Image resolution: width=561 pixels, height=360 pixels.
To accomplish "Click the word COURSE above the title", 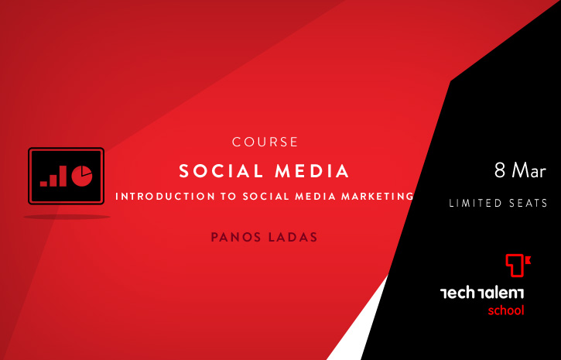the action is pos(265,142).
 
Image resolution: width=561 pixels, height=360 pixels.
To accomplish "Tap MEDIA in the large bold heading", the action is pos(312,171).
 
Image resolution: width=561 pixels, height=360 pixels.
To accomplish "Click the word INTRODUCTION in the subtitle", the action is pos(166,197).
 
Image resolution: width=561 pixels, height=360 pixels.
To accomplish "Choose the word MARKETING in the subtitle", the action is pos(378,197).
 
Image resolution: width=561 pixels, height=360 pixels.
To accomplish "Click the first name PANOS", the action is pos(235,237).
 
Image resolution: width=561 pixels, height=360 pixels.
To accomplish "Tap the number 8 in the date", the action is pos(500,170).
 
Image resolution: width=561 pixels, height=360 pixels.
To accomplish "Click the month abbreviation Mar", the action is pos(529,170).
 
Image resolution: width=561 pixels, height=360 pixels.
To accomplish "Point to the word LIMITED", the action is pos(471,204).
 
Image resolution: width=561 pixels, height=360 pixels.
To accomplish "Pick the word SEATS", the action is pos(524,204).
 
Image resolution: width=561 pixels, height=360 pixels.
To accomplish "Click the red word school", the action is pos(506,310).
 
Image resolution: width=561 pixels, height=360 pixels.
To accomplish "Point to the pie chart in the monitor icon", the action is pos(82,176).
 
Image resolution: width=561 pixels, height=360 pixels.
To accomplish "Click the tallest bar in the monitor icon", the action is pos(63,176).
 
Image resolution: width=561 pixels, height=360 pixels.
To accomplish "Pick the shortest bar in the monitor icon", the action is pos(43,184).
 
